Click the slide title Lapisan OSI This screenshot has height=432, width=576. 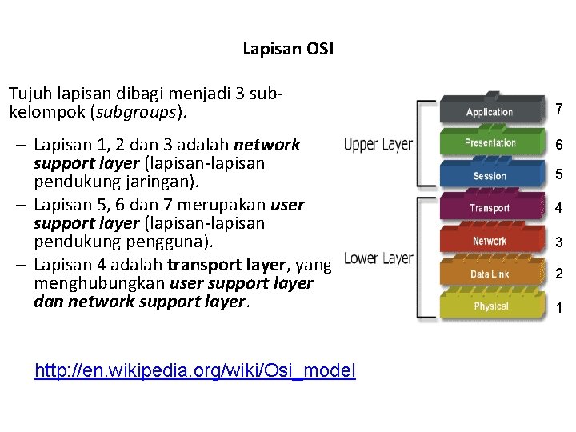pyautogui.click(x=288, y=50)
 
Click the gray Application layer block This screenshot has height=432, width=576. pyautogui.click(x=490, y=111)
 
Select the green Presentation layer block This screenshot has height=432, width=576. pyautogui.click(x=490, y=143)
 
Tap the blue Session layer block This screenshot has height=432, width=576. pyautogui.click(x=490, y=176)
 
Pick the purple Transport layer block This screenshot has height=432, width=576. pyautogui.click(x=490, y=208)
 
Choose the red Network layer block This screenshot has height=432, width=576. pyautogui.click(x=490, y=241)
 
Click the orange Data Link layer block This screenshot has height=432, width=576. pyautogui.click(x=490, y=274)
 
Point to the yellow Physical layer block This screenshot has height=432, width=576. pyautogui.click(x=490, y=306)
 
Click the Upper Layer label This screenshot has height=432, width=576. pyautogui.click(x=378, y=145)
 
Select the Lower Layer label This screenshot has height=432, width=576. pyautogui.click(x=378, y=259)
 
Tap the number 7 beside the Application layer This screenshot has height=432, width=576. pyautogui.click(x=559, y=109)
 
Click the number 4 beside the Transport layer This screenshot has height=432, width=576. pyautogui.click(x=559, y=209)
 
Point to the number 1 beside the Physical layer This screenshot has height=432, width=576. pyautogui.click(x=559, y=308)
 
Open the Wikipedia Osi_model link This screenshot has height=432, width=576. pyautogui.click(x=195, y=370)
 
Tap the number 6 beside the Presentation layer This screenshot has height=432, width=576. pyautogui.click(x=559, y=145)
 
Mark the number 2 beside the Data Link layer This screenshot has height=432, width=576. pyautogui.click(x=559, y=274)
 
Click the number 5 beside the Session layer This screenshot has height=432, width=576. pyautogui.click(x=559, y=174)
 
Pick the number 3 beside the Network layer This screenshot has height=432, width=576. pyautogui.click(x=559, y=242)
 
